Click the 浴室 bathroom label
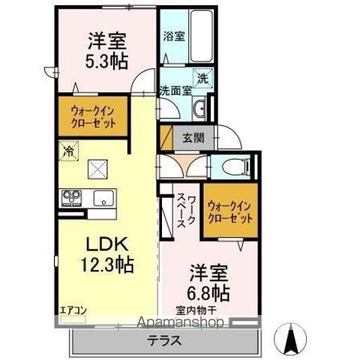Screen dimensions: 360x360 click(174, 37)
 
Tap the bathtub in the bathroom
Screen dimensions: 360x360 click(202, 36)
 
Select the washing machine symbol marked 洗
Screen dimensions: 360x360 click(203, 78)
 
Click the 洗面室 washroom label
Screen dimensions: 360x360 click(176, 91)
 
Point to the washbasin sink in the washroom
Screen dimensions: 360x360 click(199, 108)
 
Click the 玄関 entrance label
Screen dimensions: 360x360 click(193, 138)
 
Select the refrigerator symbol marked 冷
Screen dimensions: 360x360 click(69, 151)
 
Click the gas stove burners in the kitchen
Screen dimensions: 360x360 click(72, 196)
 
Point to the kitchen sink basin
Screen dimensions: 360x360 click(104, 197)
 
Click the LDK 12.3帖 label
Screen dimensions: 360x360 click(107, 254)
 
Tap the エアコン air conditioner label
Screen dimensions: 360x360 click(73, 310)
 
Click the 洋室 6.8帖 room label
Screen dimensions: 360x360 click(208, 283)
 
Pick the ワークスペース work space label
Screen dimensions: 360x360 click(186, 211)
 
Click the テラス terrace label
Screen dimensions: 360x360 click(164, 340)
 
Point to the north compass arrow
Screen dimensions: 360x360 click(290, 338)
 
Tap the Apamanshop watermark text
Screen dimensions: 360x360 click(181, 322)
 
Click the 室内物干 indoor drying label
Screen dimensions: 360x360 click(196, 310)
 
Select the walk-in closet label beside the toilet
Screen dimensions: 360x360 click(229, 213)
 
